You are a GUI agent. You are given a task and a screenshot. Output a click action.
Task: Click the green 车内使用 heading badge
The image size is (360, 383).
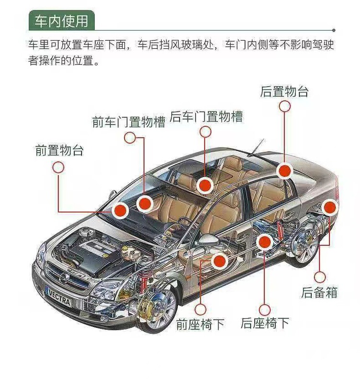coord(61,21)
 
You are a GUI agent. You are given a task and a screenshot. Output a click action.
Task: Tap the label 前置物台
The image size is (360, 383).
coord(59,151)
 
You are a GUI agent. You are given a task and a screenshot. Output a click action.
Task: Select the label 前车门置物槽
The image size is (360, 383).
coord(128,122)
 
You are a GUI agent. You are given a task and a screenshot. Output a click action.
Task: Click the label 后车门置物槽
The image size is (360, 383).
coord(206,116)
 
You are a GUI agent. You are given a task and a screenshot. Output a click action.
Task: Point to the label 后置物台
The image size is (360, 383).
coord(284,91)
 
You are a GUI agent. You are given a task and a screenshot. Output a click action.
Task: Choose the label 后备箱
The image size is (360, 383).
coord(319,292)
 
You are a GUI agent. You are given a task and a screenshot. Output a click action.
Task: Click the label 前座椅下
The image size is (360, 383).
coord(200,324)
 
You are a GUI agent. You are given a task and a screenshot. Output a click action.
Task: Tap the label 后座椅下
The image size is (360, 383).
coord(265,323)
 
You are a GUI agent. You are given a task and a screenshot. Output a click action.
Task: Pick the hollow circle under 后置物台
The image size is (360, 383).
coord(285,106)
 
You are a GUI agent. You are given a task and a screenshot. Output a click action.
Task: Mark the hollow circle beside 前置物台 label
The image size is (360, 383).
coord(58,167)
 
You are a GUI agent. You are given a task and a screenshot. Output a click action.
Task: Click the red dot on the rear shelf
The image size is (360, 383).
coord(284,170)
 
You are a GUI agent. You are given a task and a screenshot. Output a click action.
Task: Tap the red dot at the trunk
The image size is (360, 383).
coord(330,207)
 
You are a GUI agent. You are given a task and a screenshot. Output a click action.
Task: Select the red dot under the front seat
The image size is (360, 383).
coord(219,261)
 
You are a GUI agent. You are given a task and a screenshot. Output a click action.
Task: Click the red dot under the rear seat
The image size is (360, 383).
coord(264,242)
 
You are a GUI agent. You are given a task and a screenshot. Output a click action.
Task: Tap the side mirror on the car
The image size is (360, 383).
coord(208,239)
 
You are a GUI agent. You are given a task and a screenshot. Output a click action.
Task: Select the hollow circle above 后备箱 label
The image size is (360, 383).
coord(320,277)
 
